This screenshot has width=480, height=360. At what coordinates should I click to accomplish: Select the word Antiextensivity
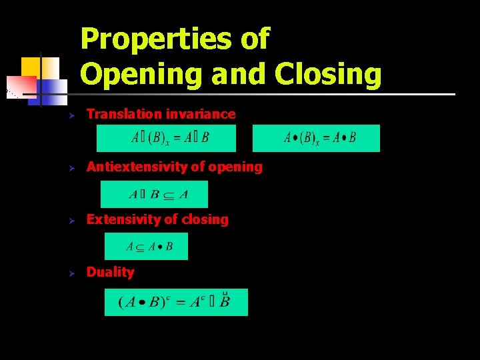click(137, 167)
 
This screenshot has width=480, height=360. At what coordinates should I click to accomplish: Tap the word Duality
click(110, 272)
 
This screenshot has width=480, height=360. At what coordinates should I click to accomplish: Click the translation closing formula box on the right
click(316, 138)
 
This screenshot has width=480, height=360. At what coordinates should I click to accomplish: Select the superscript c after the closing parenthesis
click(169, 297)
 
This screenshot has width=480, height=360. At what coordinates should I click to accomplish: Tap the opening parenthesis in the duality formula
click(121, 303)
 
